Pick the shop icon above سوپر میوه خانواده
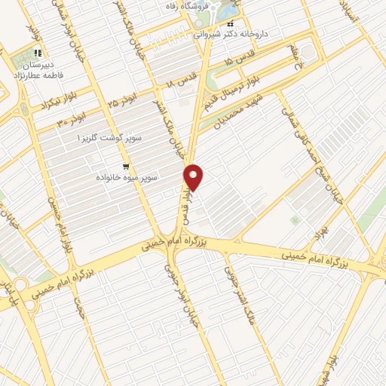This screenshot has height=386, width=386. click(x=126, y=164)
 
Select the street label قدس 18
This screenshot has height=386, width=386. click(x=182, y=81)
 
